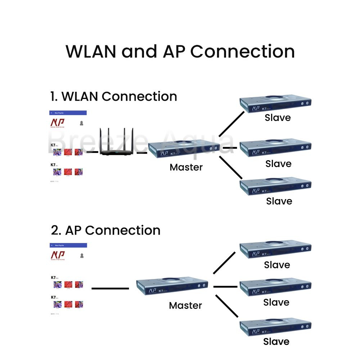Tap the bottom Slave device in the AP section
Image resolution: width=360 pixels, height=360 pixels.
coord(275,327)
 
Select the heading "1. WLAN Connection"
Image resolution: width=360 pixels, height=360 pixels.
coord(113,96)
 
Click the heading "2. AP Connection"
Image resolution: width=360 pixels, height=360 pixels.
coord(105,230)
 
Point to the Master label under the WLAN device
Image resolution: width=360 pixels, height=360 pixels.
coord(186,167)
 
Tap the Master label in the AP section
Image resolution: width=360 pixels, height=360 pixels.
coord(185,306)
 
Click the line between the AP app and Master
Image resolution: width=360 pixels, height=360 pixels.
coord(110,288)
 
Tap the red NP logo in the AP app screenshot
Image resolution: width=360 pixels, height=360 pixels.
coord(58,255)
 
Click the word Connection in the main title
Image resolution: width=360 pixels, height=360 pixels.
coord(242,51)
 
